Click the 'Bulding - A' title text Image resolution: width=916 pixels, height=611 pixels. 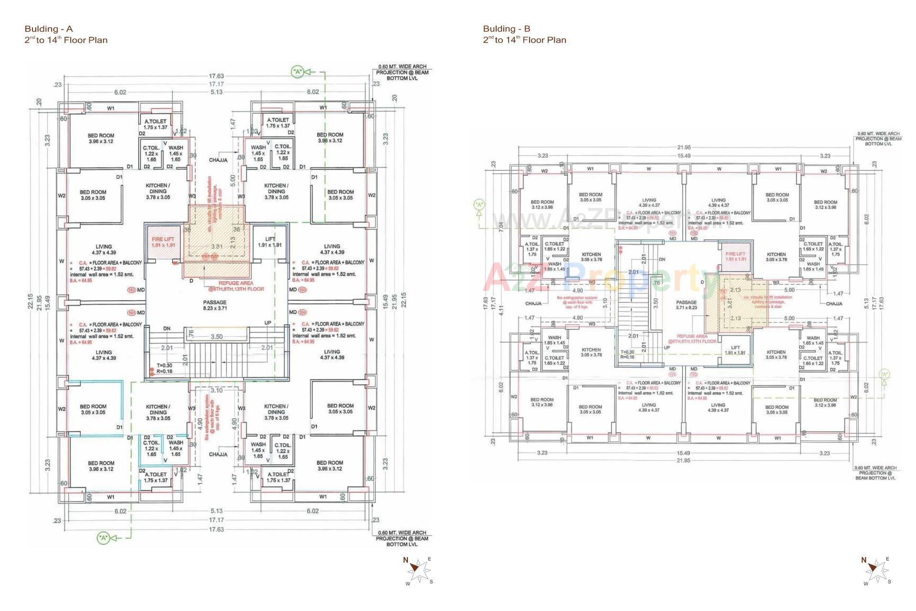pos(49,29)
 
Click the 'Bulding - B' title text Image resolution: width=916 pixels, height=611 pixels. pos(507,29)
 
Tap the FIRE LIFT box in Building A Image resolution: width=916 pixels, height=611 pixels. pos(163,242)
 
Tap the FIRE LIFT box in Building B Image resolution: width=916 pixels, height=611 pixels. pos(735,256)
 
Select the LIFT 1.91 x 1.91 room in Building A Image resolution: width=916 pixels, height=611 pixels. pos(270,242)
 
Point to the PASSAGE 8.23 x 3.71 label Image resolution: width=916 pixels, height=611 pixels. pos(215,305)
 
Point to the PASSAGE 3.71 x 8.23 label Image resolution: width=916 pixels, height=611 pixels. pos(686,305)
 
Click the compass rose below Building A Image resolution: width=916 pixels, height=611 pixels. pos(419,570)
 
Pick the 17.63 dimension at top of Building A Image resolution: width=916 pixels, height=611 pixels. pos(216,76)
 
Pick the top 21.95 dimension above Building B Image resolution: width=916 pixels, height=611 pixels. pos(684,147)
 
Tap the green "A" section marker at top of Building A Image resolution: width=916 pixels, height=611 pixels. pos(298,72)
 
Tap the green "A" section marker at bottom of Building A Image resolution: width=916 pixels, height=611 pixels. pos(103,538)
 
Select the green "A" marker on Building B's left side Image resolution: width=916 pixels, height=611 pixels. pos(479,205)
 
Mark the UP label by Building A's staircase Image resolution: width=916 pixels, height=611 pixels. pos(268,323)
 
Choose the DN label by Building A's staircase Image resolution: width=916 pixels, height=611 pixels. pos(167,328)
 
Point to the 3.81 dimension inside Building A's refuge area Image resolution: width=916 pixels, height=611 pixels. pos(217,247)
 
